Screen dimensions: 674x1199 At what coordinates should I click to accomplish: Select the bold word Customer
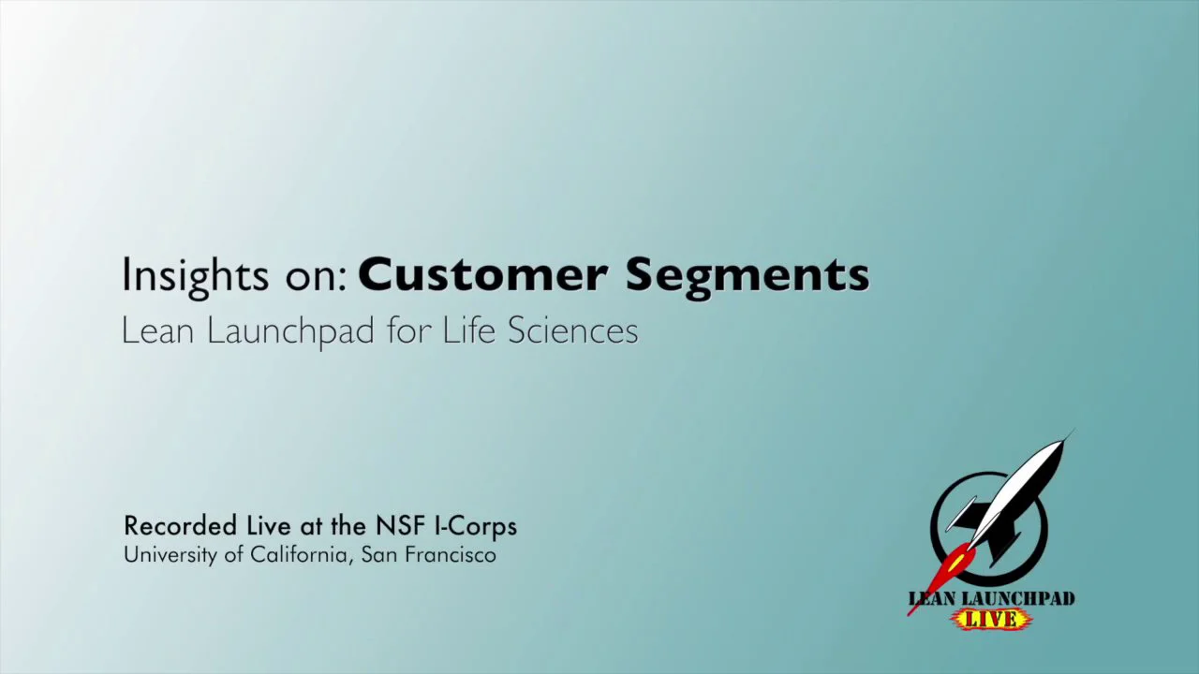point(482,275)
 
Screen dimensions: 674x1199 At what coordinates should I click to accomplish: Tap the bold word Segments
point(748,275)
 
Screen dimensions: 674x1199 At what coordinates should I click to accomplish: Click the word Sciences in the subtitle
point(572,330)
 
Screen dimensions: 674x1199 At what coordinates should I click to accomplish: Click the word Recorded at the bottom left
point(180,526)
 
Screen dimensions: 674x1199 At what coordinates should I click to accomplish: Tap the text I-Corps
point(476,527)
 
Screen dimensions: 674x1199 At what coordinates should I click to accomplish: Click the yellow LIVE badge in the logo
point(991,619)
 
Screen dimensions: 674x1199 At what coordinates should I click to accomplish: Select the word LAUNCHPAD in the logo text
point(1021,599)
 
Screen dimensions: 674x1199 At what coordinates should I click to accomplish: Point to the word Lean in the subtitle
point(158,330)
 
